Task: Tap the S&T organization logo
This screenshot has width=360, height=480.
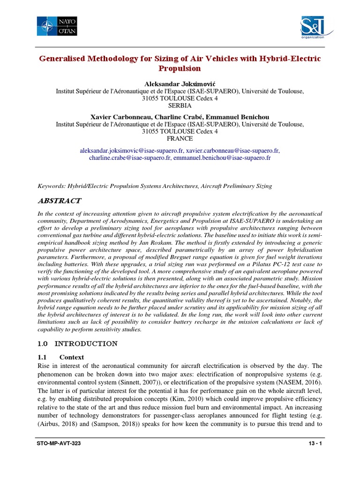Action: [313, 29]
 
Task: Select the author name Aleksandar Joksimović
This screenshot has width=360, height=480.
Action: [180, 83]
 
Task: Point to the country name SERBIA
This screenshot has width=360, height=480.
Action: [180, 106]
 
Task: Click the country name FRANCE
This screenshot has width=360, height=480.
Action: [180, 139]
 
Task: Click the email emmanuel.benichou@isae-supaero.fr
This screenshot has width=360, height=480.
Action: [222, 158]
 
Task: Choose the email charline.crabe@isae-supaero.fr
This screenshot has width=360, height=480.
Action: [130, 158]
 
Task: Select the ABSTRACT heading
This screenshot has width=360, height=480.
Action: [59, 201]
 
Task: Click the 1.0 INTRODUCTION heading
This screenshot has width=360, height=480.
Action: [77, 344]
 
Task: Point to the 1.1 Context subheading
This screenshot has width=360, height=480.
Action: [61, 357]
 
